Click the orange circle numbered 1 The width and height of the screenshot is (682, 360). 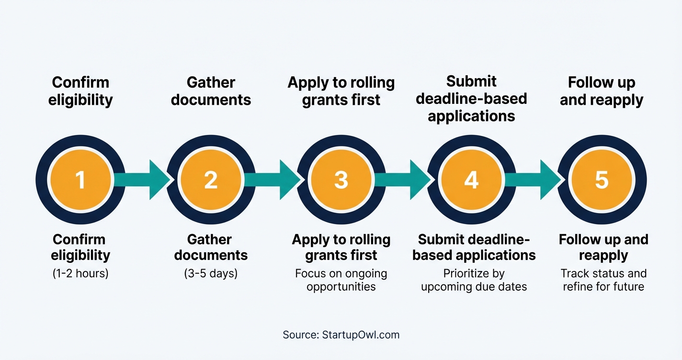point(80,180)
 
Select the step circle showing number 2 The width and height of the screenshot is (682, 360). point(211,180)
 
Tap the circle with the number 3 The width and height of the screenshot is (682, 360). point(341,180)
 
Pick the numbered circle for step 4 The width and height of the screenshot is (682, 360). point(471,180)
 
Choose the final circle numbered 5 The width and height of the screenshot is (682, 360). point(602,180)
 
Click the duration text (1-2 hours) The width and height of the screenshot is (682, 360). point(80,274)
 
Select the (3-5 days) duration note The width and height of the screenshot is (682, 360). point(211,274)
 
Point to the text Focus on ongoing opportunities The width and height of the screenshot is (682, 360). point(341,281)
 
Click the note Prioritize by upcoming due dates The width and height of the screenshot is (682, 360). point(474,281)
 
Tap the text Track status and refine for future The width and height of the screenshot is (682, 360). point(603,281)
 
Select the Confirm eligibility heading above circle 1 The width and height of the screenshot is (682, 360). point(80,91)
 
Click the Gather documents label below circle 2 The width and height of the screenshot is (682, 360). point(211,247)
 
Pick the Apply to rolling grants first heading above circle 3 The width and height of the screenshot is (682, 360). point(341,91)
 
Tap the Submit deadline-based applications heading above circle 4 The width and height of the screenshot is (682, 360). point(471,99)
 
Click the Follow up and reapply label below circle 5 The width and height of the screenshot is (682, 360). point(603,247)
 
